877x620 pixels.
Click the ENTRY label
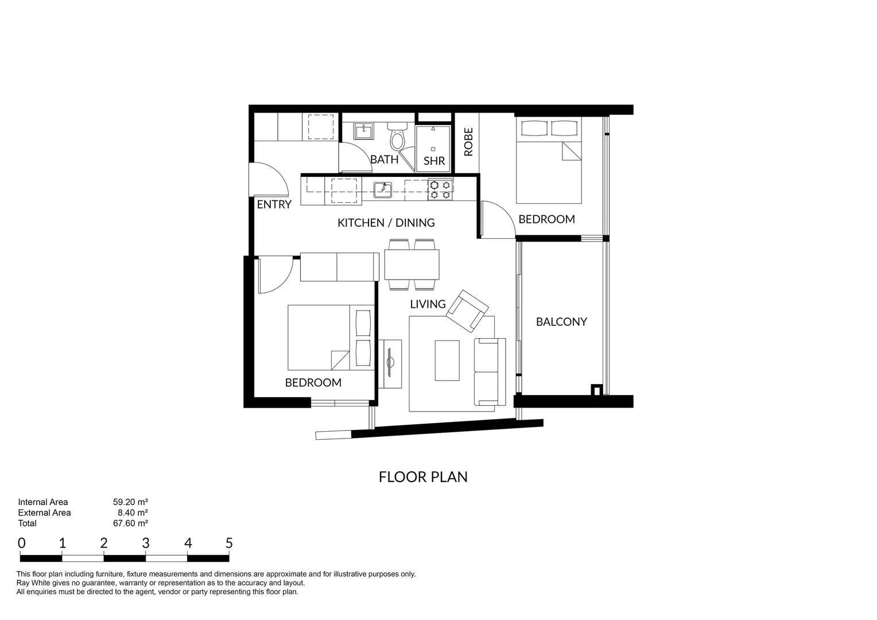tap(274, 204)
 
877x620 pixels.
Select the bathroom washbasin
tap(364, 131)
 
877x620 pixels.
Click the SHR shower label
tap(434, 161)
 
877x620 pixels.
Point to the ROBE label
tap(468, 142)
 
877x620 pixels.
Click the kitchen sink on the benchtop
tap(382, 189)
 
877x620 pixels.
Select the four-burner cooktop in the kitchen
tap(440, 189)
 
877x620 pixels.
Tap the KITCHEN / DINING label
tap(386, 223)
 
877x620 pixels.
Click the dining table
tap(412, 264)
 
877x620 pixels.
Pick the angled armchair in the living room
tap(467, 311)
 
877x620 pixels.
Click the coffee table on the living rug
tap(447, 360)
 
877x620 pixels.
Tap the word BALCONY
tap(561, 322)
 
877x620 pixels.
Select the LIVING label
tap(428, 304)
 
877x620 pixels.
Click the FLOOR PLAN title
tap(423, 477)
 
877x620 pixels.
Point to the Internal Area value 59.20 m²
tap(130, 502)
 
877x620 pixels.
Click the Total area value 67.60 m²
tap(130, 523)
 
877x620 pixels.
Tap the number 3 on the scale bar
tap(146, 543)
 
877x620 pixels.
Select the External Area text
tap(44, 513)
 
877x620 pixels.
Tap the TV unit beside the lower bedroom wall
tap(390, 363)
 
